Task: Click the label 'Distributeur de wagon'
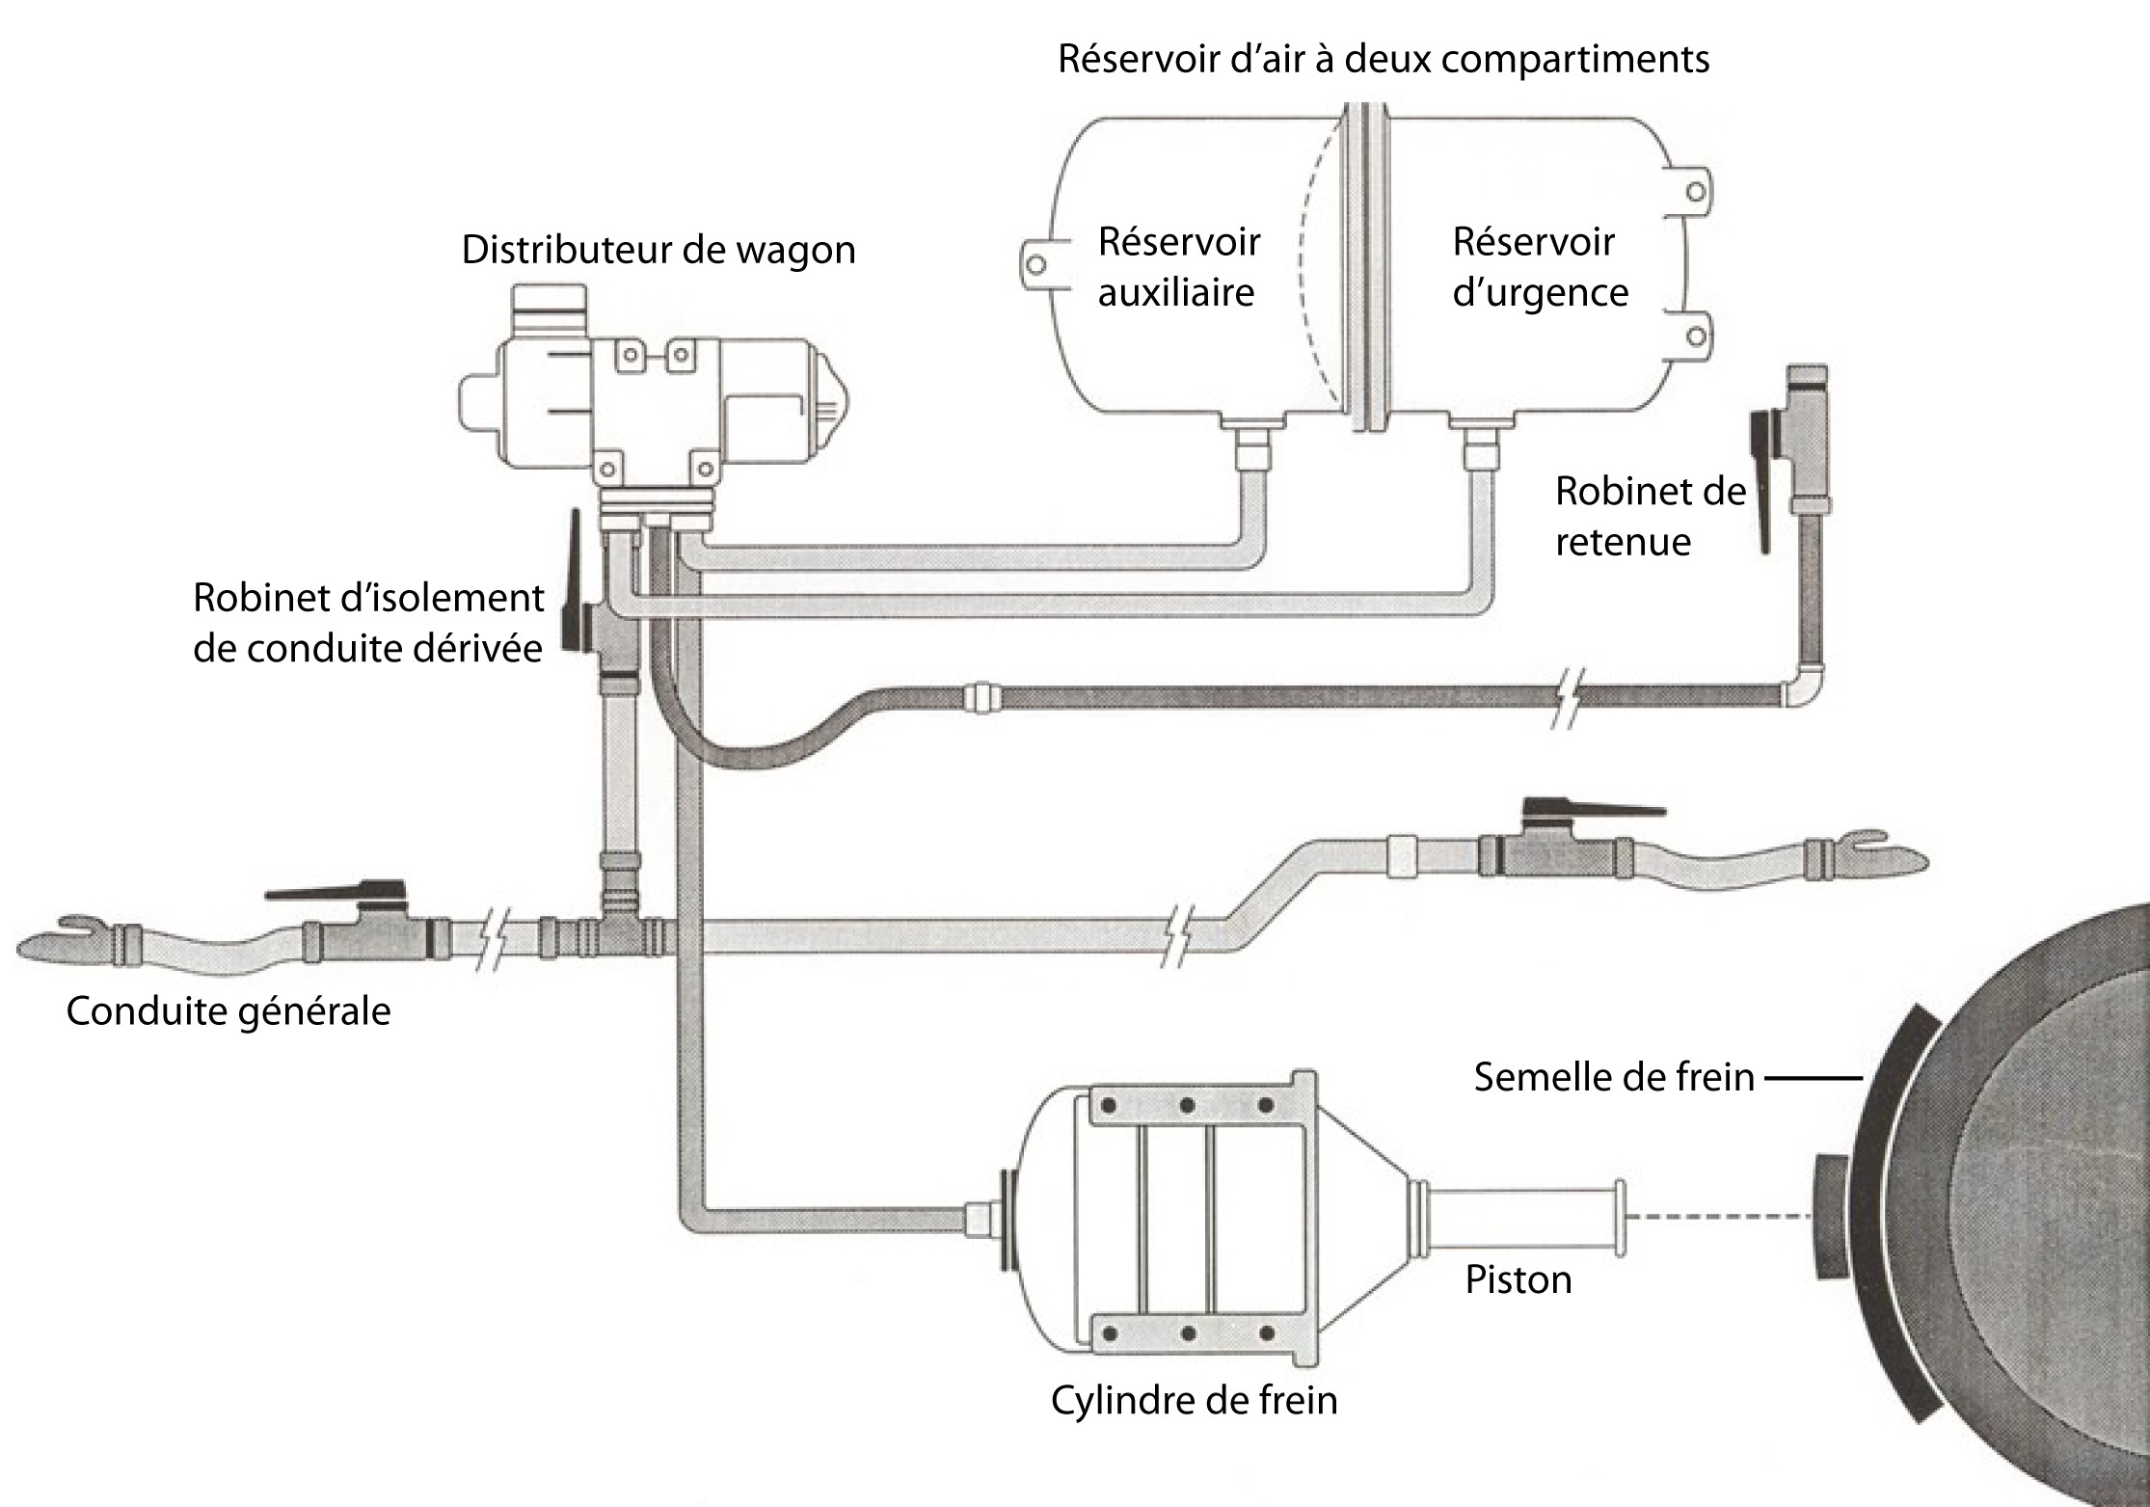[658, 250]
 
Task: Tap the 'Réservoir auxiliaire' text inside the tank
[1178, 267]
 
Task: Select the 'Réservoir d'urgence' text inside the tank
[1539, 267]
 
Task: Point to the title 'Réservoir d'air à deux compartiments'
[1384, 59]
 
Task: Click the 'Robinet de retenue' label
[1650, 517]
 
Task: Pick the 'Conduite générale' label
[228, 1011]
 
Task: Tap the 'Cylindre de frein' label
[1194, 1400]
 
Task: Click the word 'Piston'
[1518, 1279]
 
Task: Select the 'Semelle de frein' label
[1614, 1077]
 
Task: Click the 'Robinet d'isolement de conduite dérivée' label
[368, 623]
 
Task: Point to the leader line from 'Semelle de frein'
[1813, 1077]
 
